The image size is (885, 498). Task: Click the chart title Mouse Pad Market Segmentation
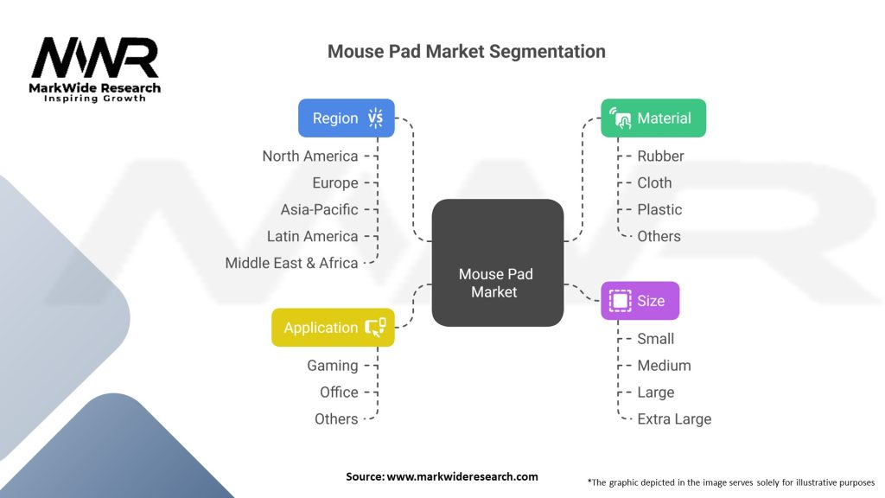click(x=466, y=51)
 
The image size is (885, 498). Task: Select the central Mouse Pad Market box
click(x=497, y=263)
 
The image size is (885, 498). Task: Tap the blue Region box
click(x=346, y=118)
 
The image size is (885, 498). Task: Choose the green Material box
click(x=653, y=118)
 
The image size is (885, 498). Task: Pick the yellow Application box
click(x=333, y=328)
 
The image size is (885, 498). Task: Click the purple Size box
click(x=640, y=301)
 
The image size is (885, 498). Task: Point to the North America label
click(x=310, y=156)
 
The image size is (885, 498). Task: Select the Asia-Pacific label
click(x=319, y=210)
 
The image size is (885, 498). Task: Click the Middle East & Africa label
click(x=291, y=264)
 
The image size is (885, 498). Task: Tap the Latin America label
click(x=312, y=237)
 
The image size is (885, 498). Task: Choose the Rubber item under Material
click(x=660, y=156)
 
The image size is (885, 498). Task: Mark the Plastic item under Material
click(x=659, y=210)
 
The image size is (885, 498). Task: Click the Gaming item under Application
click(x=332, y=366)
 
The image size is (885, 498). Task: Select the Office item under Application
click(x=338, y=393)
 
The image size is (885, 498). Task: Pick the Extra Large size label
click(x=674, y=419)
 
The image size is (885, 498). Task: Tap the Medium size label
click(x=664, y=366)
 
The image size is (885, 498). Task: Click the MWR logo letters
click(x=95, y=59)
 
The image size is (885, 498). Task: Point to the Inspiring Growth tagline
click(x=95, y=99)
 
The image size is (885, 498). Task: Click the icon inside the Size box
click(x=620, y=301)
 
